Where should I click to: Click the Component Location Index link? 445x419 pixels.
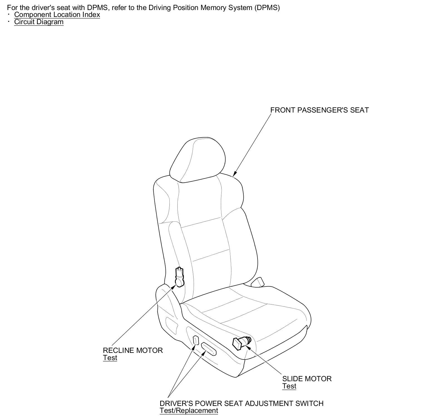point(57,14)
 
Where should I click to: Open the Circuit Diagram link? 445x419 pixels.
point(39,22)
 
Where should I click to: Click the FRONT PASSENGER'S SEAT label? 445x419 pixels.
point(319,110)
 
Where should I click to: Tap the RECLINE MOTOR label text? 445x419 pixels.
point(133,350)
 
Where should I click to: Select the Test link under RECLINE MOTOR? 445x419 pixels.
point(110,358)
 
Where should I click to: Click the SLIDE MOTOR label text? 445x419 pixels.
point(307,379)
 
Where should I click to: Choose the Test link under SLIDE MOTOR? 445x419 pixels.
point(289,386)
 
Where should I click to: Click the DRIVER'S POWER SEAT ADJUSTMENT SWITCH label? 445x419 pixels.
point(241,403)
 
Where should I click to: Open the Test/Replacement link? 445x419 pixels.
point(189,411)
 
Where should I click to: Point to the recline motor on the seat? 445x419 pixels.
point(179,276)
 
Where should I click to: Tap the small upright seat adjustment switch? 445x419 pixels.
point(196,340)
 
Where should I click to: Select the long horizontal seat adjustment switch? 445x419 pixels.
point(209,348)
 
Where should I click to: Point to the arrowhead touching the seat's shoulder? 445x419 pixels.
point(234,174)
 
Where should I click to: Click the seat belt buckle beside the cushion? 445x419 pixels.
point(257,282)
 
